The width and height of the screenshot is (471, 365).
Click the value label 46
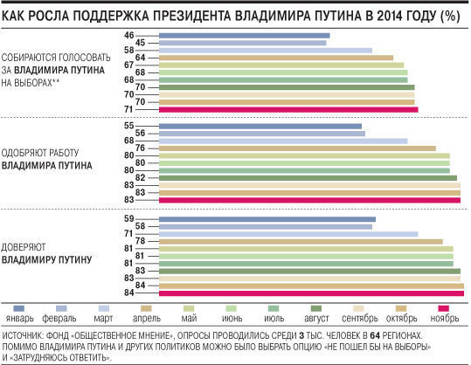tap(128, 36)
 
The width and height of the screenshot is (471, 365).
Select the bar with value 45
tap(242, 43)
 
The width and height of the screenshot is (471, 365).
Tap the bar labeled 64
tap(276, 58)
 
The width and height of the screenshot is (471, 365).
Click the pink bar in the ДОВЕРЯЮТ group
tap(311, 293)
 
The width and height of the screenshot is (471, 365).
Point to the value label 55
tap(128, 126)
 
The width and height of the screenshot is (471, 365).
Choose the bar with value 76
tap(297, 148)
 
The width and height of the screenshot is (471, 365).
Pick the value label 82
tap(141, 178)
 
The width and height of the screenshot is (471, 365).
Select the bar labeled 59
tap(267, 219)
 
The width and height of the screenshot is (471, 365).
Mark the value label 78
tap(141, 241)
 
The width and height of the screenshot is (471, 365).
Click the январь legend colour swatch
tap(19, 308)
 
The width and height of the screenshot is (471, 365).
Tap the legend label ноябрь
tap(445, 318)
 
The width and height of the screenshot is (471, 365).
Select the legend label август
tap(316, 318)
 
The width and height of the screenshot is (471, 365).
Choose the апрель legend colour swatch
tap(146, 308)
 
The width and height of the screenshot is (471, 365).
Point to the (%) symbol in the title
tap(450, 16)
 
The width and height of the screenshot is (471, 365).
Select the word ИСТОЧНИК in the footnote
tap(23, 335)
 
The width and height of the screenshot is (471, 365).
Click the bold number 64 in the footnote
tap(375, 335)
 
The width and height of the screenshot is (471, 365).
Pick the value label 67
tap(128, 65)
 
